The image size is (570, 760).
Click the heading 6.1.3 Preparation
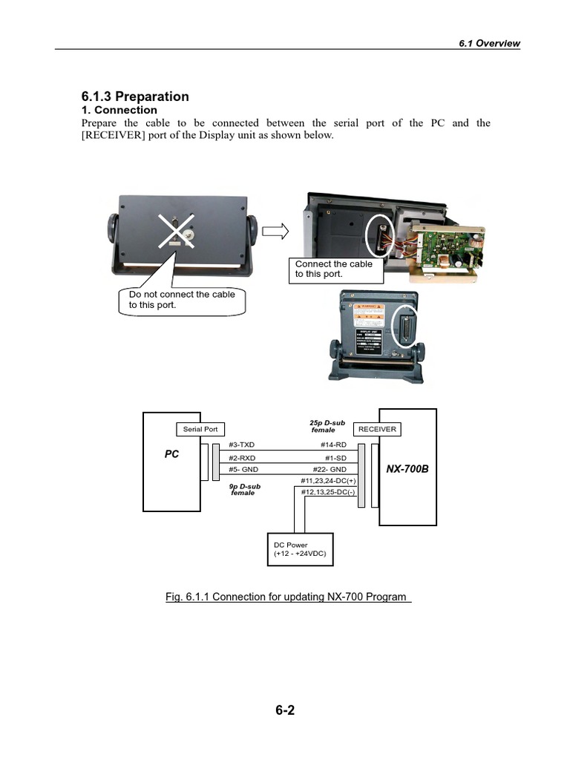[134, 96]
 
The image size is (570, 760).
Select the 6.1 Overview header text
[489, 43]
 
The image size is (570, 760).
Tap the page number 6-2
[285, 710]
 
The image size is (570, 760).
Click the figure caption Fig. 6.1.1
[288, 597]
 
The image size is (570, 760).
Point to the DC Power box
[300, 550]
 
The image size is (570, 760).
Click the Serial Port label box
[200, 429]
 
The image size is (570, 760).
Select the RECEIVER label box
[377, 429]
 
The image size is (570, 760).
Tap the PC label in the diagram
[171, 454]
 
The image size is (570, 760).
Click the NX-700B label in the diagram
[407, 469]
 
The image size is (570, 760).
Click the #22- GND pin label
[328, 469]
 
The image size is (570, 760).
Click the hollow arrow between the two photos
[275, 232]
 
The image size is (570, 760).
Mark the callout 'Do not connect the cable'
[182, 299]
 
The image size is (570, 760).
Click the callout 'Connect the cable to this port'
[335, 269]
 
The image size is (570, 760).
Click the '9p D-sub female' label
[244, 490]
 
